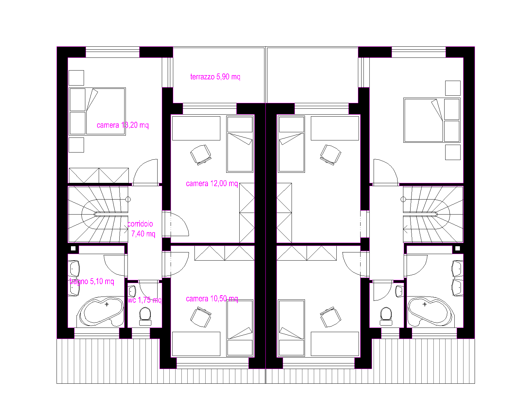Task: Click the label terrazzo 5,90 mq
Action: click(215, 77)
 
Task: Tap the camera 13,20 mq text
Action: click(123, 125)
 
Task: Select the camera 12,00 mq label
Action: click(212, 184)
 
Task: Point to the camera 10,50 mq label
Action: click(212, 299)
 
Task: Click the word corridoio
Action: click(140, 224)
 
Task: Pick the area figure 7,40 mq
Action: click(143, 234)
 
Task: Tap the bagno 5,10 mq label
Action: click(92, 281)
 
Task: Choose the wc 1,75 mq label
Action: click(144, 300)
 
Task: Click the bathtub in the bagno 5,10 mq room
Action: click(101, 312)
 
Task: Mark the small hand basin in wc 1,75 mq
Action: click(132, 291)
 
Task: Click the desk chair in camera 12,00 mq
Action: click(201, 154)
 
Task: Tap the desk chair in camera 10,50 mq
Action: click(201, 317)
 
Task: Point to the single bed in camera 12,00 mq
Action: click(240, 144)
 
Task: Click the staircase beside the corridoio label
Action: click(98, 214)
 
